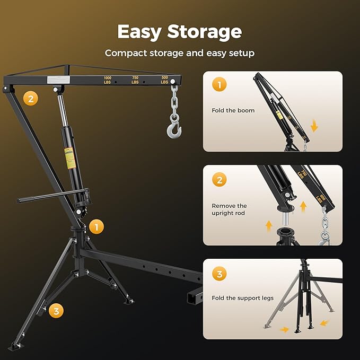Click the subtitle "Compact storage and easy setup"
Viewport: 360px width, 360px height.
pyautogui.click(x=179, y=53)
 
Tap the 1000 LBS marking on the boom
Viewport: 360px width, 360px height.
pyautogui.click(x=108, y=80)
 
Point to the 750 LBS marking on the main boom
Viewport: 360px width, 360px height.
pyautogui.click(x=135, y=80)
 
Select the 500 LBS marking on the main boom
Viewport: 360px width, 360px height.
pyautogui.click(x=164, y=80)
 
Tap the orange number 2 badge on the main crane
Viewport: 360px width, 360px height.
pyautogui.click(x=31, y=98)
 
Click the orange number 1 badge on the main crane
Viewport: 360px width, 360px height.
pyautogui.click(x=96, y=227)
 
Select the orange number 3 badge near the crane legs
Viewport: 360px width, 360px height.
pyautogui.click(x=55, y=311)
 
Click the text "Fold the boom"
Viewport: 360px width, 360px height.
pyautogui.click(x=233, y=110)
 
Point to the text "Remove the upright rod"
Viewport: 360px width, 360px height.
pyautogui.click(x=230, y=209)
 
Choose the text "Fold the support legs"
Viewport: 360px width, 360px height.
pyautogui.click(x=243, y=298)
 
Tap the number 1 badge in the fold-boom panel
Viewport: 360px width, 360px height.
pyautogui.click(x=219, y=85)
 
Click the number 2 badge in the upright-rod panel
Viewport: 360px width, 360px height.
pyautogui.click(x=219, y=179)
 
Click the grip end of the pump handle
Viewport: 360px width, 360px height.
pyautogui.click(x=24, y=200)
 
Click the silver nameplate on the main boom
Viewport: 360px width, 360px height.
pyautogui.click(x=54, y=80)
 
